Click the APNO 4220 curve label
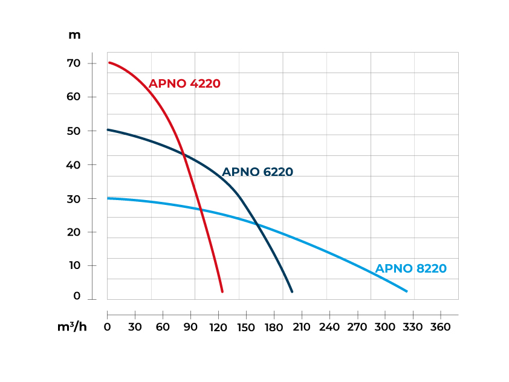pyautogui.click(x=184, y=84)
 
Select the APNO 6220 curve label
pyautogui.click(x=258, y=172)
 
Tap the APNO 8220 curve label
pyautogui.click(x=411, y=269)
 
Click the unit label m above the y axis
pyautogui.click(x=74, y=35)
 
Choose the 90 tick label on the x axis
pyautogui.click(x=191, y=327)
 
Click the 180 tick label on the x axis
pyautogui.click(x=274, y=327)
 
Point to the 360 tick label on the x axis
pyautogui.click(x=441, y=327)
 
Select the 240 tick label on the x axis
pyautogui.click(x=329, y=327)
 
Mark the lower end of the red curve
pyautogui.click(x=222, y=291)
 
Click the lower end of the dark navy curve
pyautogui.click(x=292, y=291)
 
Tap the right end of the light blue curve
pyautogui.click(x=406, y=291)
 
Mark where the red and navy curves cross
pyautogui.click(x=183, y=154)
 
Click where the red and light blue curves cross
pyautogui.click(x=201, y=210)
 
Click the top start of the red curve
pyautogui.click(x=109, y=62)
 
